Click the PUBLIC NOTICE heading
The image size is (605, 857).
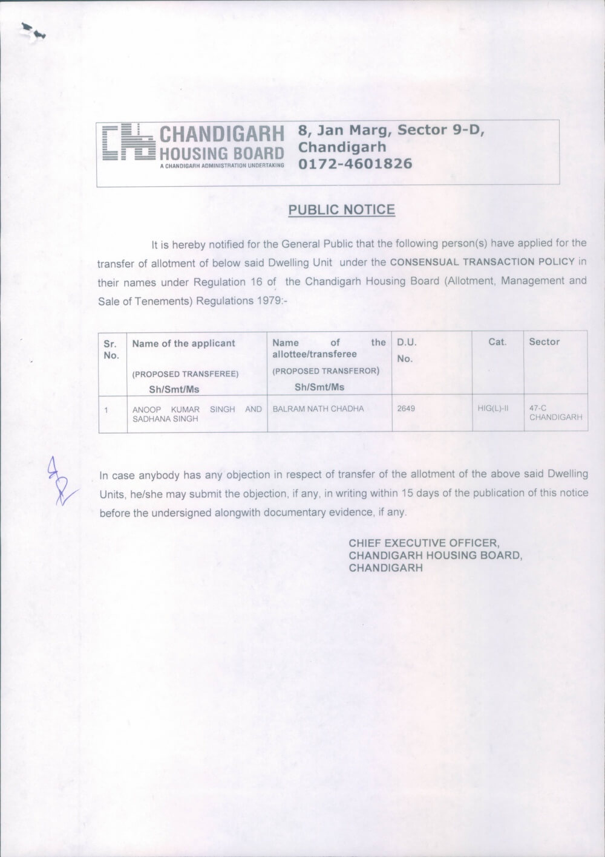[x=341, y=210]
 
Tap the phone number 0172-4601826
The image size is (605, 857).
[x=355, y=164]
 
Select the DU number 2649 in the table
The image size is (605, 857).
[x=406, y=409]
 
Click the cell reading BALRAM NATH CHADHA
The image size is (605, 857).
[x=318, y=409]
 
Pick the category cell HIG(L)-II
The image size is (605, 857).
[x=493, y=409]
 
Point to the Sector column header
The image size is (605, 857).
[x=544, y=342]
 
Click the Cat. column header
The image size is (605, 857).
[x=497, y=342]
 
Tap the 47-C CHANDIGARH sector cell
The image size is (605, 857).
[x=555, y=413]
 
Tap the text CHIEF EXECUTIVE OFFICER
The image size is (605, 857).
[x=423, y=543]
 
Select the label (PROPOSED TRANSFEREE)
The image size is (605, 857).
[x=185, y=374]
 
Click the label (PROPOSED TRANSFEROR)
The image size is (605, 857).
[x=325, y=371]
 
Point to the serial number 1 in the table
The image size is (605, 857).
[x=106, y=410]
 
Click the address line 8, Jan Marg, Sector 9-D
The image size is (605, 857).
[x=391, y=130]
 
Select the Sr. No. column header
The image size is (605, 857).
[x=111, y=349]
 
